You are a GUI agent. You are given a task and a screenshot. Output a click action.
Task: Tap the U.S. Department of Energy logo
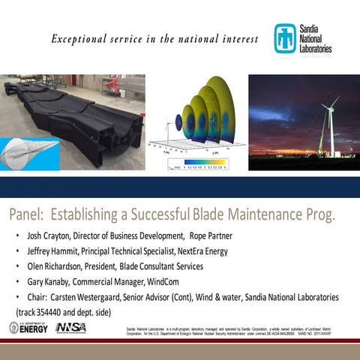click(28, 328)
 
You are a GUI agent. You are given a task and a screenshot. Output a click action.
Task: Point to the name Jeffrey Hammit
click(52, 250)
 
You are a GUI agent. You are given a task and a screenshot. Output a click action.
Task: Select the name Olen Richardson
click(55, 265)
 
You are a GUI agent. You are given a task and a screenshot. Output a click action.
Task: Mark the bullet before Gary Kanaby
click(17, 281)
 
